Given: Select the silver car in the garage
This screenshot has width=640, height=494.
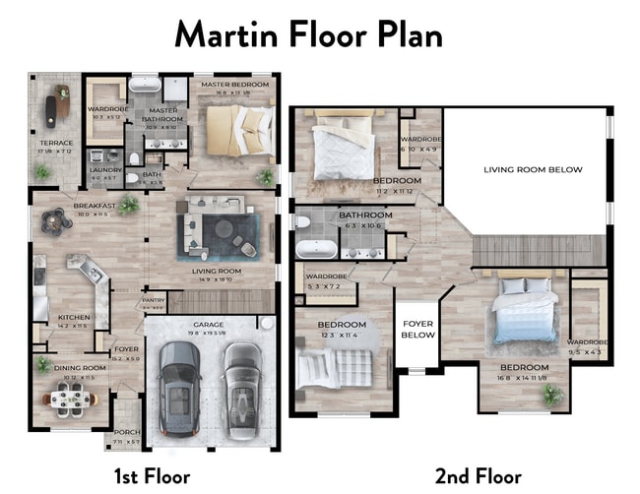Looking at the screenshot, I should (x=240, y=383).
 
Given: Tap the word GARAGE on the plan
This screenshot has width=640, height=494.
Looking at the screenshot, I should (x=208, y=323).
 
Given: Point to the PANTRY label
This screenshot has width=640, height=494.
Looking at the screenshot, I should (x=154, y=300).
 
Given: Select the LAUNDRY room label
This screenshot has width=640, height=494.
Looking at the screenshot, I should (x=105, y=170).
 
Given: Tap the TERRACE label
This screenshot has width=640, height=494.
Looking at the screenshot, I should (x=56, y=143).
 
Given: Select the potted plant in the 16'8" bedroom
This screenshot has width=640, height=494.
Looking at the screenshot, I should (x=552, y=395).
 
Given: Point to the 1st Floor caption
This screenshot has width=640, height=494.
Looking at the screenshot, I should (x=152, y=476).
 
